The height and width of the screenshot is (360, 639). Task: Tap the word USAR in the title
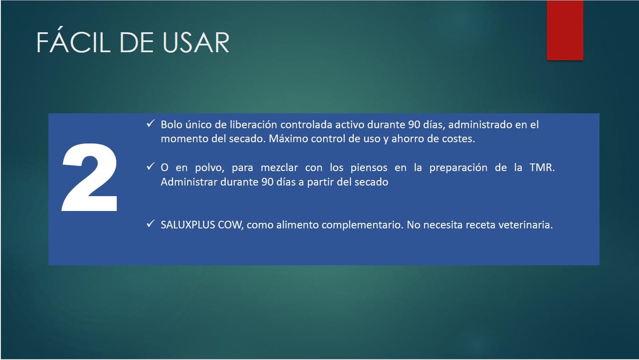196,42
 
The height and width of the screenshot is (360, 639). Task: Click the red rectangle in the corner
565,30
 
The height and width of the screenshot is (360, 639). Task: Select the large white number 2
90,177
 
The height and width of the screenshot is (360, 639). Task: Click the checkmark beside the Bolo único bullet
150,124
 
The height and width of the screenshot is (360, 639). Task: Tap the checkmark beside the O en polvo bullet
150,166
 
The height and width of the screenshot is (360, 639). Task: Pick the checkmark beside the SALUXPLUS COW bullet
150,223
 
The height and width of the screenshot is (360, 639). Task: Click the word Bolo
172,125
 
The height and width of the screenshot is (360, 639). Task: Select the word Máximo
288,139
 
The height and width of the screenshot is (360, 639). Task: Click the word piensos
369,168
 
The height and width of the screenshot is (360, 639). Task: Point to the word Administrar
189,182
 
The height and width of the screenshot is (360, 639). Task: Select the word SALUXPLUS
188,225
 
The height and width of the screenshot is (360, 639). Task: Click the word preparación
459,168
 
